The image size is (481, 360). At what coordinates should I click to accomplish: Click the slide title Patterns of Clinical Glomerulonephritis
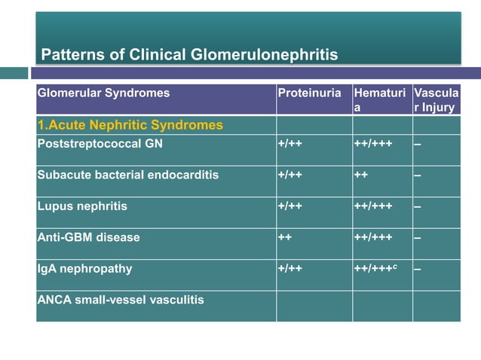coord(189,54)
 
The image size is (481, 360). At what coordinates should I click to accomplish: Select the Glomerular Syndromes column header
coord(104,93)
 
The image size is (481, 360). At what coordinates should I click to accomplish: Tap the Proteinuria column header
coord(309,93)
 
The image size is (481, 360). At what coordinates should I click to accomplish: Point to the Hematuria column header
coord(380,100)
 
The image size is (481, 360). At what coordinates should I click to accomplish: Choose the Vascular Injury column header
coord(435,100)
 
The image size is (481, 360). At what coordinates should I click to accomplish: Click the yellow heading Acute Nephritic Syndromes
coord(130,125)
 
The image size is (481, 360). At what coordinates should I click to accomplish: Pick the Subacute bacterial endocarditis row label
coord(128,175)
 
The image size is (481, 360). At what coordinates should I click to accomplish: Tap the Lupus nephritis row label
coord(83,206)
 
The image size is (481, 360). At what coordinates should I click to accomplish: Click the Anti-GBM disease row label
coord(89,237)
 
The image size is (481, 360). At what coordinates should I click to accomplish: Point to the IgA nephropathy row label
coord(84,268)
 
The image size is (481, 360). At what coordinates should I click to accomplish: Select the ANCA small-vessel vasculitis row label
coord(121,300)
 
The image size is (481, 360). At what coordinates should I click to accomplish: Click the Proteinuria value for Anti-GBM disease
coord(286,237)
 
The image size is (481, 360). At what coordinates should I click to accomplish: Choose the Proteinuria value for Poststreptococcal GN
coord(290,143)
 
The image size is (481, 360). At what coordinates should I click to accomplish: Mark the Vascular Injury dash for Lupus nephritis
coord(418,206)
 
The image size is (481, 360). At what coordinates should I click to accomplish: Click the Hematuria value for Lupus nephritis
coord(372,206)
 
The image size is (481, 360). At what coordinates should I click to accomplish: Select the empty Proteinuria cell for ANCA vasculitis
coord(314,307)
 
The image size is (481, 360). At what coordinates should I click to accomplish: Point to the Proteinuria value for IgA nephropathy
coord(290,268)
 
